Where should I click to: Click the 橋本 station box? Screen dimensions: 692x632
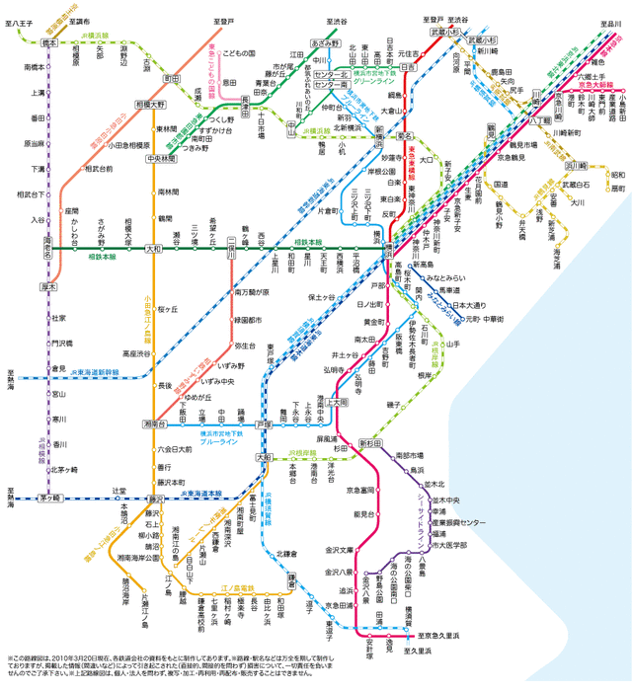pyautogui.click(x=49, y=43)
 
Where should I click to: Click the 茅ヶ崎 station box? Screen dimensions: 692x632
pyautogui.click(x=49, y=499)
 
